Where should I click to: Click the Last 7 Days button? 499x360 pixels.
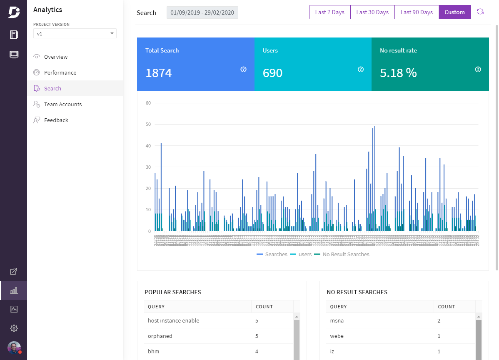[329, 12]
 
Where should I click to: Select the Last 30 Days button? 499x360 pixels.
[372, 12]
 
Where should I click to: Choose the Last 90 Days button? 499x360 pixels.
[417, 12]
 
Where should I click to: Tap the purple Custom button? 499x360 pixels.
[454, 12]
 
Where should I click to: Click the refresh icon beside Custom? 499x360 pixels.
[480, 12]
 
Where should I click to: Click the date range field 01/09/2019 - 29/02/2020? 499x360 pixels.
[202, 12]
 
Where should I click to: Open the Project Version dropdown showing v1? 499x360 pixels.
[75, 34]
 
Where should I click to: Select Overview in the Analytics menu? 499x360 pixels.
[56, 57]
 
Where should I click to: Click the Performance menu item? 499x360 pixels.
[60, 73]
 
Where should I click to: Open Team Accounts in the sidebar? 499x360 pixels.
[63, 105]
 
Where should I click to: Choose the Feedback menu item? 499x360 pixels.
[56, 120]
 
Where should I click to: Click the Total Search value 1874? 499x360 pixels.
[159, 73]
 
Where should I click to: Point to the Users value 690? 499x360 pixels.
[272, 73]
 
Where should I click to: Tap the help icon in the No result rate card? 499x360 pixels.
[478, 70]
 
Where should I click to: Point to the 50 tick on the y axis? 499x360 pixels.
[148, 124]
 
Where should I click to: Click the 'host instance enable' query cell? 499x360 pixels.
[174, 321]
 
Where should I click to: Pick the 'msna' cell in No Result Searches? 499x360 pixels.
[337, 321]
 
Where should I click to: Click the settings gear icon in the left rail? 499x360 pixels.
[14, 328]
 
